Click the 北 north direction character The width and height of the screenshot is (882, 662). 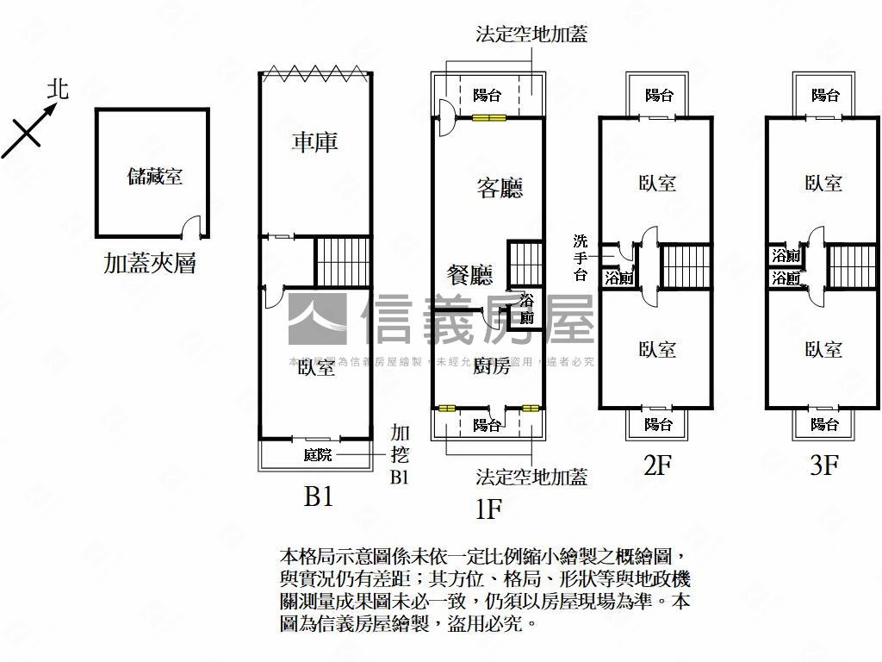[58, 89]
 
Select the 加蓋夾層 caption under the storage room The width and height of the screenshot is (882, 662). [150, 262]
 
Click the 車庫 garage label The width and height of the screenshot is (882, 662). [314, 142]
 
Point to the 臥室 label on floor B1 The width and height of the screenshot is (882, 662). [316, 368]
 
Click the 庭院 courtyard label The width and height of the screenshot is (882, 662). [317, 455]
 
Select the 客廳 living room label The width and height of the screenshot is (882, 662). [500, 188]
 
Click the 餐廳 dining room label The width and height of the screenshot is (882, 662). [469, 275]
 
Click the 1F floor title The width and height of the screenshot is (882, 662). [488, 509]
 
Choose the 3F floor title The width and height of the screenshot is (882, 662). [823, 466]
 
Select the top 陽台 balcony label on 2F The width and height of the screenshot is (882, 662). [659, 95]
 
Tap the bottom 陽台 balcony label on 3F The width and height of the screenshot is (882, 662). [824, 424]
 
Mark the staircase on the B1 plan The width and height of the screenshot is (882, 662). [342, 260]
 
